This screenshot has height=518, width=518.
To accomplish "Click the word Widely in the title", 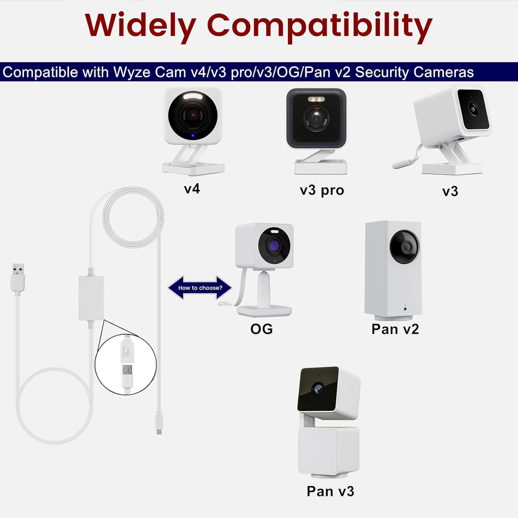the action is (x=140, y=26).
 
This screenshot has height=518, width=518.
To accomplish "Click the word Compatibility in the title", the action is (x=319, y=27).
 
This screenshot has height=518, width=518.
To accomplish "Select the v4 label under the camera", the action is (x=192, y=189).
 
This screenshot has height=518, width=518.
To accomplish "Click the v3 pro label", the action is (x=322, y=191).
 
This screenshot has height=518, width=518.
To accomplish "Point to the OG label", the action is (x=261, y=329).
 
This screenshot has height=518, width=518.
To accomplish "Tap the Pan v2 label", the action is (x=395, y=329).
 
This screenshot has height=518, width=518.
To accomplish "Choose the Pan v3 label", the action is (x=330, y=491).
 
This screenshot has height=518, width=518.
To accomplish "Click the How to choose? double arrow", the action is (x=199, y=287).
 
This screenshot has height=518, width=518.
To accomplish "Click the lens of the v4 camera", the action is (x=193, y=115).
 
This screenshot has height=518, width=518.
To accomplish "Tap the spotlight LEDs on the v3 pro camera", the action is (x=316, y=99).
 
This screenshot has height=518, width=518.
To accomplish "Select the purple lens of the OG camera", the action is (x=274, y=246).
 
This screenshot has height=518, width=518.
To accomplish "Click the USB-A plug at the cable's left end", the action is (x=18, y=278).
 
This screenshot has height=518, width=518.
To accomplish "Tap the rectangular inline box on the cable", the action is (x=92, y=298).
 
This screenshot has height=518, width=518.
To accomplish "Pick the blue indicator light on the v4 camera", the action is (x=193, y=136).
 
